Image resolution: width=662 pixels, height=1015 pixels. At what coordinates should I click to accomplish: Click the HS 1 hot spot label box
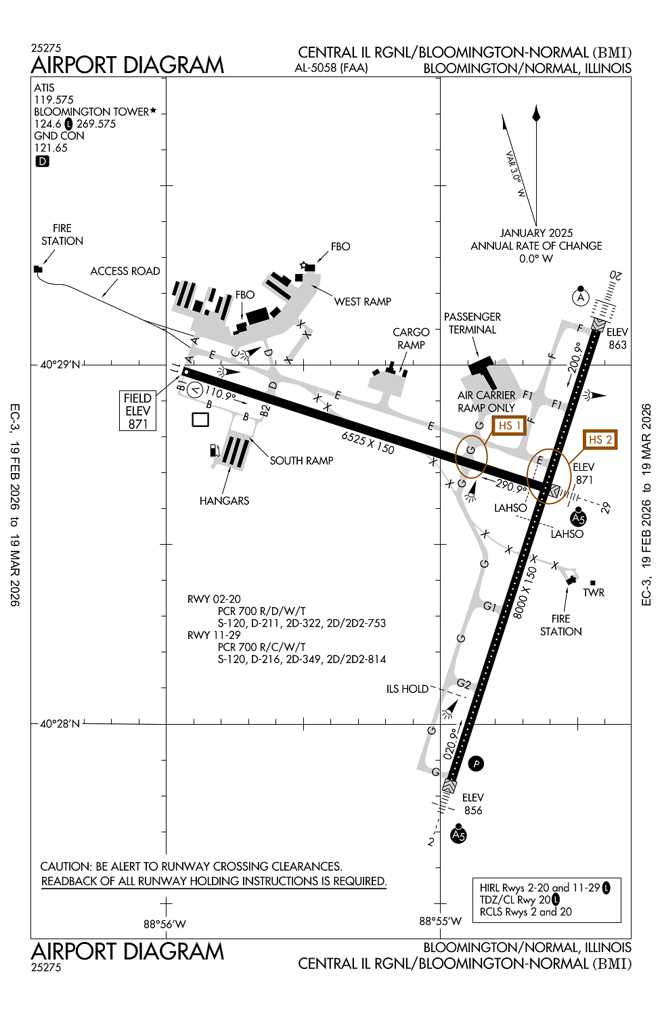[509, 426]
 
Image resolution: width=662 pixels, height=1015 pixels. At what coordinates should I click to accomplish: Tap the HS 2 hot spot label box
[600, 440]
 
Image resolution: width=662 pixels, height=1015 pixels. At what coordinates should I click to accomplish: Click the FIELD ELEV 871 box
[137, 411]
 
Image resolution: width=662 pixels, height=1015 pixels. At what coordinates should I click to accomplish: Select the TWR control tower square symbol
[593, 583]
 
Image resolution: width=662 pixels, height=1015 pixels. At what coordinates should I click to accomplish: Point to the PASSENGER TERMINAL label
[472, 323]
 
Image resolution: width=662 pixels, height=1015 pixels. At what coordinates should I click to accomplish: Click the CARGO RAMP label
[411, 338]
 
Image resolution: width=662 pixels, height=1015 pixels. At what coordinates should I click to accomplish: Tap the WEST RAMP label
[362, 302]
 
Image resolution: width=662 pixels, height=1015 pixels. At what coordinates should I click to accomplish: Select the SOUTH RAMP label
[301, 461]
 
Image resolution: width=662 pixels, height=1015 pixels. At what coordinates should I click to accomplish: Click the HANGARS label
[224, 501]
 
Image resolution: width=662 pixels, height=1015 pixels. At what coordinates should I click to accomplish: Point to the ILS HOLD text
[407, 689]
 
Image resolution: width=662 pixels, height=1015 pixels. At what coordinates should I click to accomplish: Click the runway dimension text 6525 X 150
[368, 443]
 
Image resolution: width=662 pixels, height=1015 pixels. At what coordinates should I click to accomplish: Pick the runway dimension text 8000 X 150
[525, 592]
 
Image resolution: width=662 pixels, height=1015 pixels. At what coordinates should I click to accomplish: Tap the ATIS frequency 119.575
[54, 100]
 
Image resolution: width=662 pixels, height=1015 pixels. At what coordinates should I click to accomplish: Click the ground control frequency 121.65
[51, 148]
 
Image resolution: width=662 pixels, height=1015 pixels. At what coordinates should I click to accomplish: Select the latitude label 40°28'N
[60, 724]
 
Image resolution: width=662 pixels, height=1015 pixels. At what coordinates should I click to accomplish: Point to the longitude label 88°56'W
[164, 924]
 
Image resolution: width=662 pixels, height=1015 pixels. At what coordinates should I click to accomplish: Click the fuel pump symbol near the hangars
[215, 450]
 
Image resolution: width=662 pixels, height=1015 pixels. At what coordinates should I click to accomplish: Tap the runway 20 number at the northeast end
[615, 275]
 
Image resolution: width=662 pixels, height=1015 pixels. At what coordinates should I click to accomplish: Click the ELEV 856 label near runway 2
[473, 804]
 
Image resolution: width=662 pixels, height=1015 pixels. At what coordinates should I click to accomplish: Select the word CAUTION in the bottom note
[65, 866]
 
